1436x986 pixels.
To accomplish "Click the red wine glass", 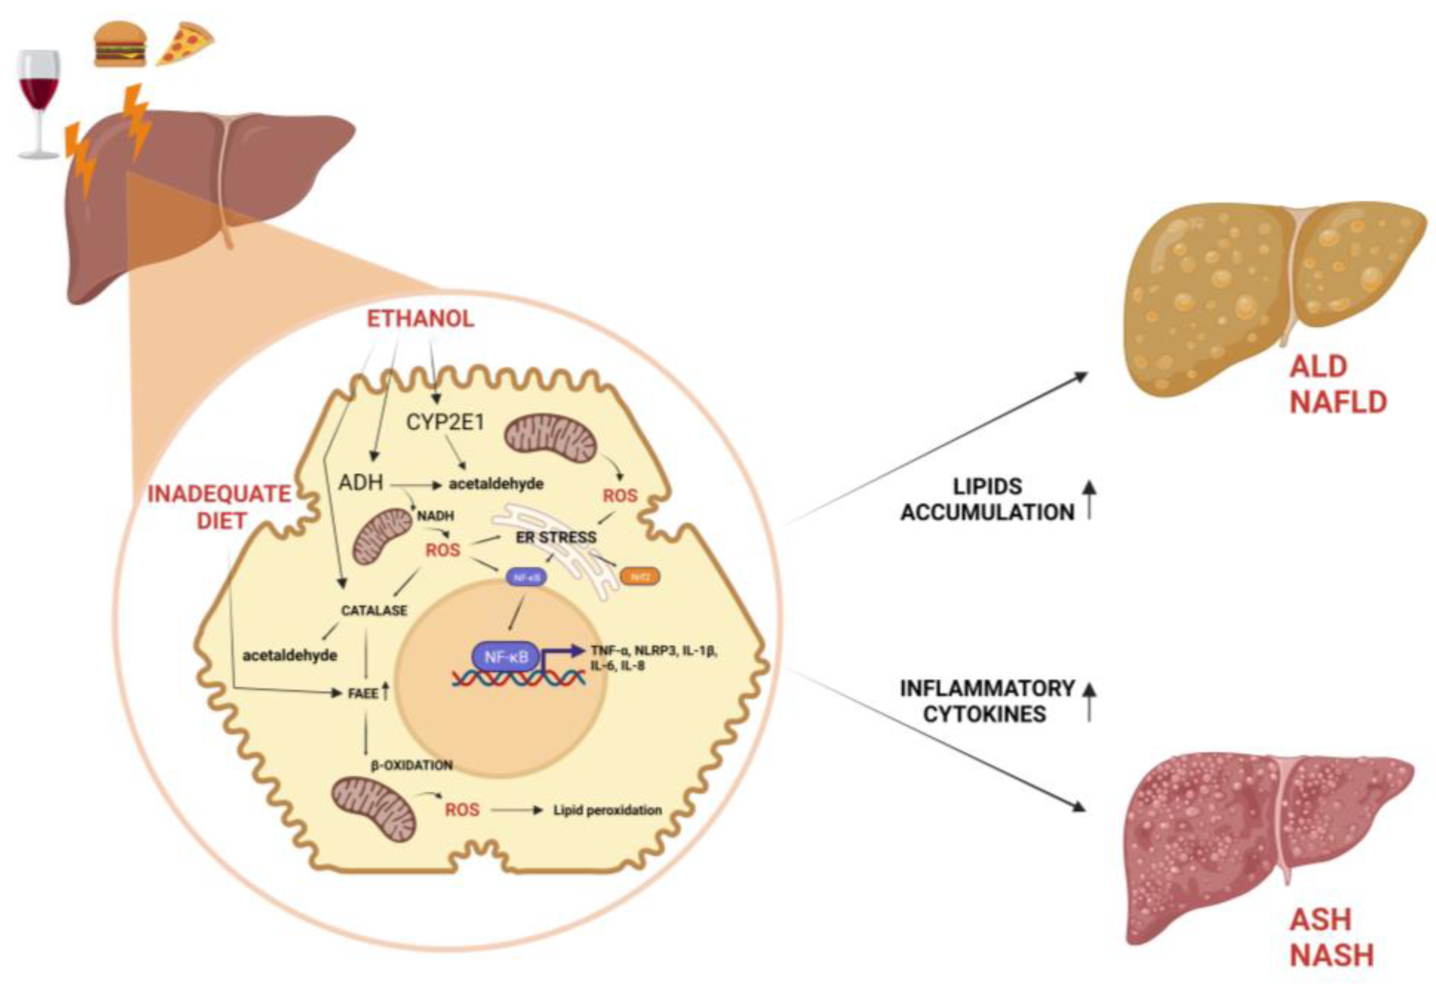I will coord(39,93).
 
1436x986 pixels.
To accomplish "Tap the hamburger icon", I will coord(120,44).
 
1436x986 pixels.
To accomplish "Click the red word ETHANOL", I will coord(421,319).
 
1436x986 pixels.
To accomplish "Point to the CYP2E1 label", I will coord(445,422).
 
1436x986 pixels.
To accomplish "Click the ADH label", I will coord(361,483).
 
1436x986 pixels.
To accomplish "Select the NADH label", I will coord(436,515).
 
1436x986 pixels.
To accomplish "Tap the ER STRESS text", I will coord(556,537).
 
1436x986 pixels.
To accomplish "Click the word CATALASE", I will coord(375,610).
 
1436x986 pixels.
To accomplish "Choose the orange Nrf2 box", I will coord(640,576).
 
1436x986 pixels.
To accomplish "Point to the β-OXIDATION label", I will coord(412,765).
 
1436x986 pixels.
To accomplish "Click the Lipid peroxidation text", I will coord(607,810).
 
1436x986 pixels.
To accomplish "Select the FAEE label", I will coord(363,694).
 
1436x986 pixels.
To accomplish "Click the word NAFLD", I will coord(1338,403).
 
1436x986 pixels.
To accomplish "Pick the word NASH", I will coord(1331,955).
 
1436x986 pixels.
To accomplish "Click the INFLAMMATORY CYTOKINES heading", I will coord(987,701).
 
